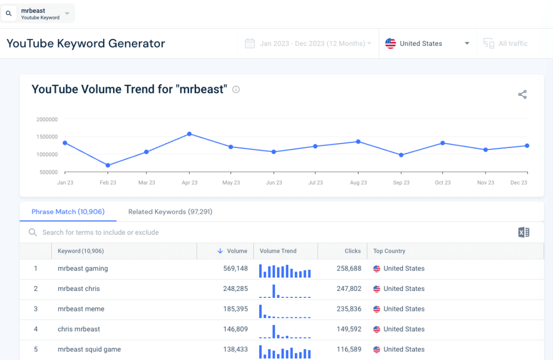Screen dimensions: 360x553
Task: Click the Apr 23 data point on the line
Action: click(189, 133)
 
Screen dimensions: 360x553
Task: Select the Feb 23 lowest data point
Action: click(108, 165)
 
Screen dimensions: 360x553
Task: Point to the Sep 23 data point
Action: click(401, 155)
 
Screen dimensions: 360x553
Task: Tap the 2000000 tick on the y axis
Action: click(47, 119)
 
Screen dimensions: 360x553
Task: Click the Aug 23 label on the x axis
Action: click(358, 183)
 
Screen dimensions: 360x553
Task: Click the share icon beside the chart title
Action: click(522, 94)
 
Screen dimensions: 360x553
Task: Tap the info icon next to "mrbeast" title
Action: click(236, 90)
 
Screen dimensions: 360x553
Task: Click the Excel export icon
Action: click(523, 233)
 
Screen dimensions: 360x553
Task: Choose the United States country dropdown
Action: click(427, 44)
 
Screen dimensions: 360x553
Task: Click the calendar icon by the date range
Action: click(249, 44)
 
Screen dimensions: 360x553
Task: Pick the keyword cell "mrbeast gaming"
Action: click(83, 269)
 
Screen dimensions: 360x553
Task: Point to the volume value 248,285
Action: click(235, 289)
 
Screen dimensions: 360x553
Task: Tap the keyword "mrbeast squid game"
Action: click(89, 350)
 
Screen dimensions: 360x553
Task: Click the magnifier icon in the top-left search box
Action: click(9, 13)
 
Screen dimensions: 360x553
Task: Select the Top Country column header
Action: click(389, 251)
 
